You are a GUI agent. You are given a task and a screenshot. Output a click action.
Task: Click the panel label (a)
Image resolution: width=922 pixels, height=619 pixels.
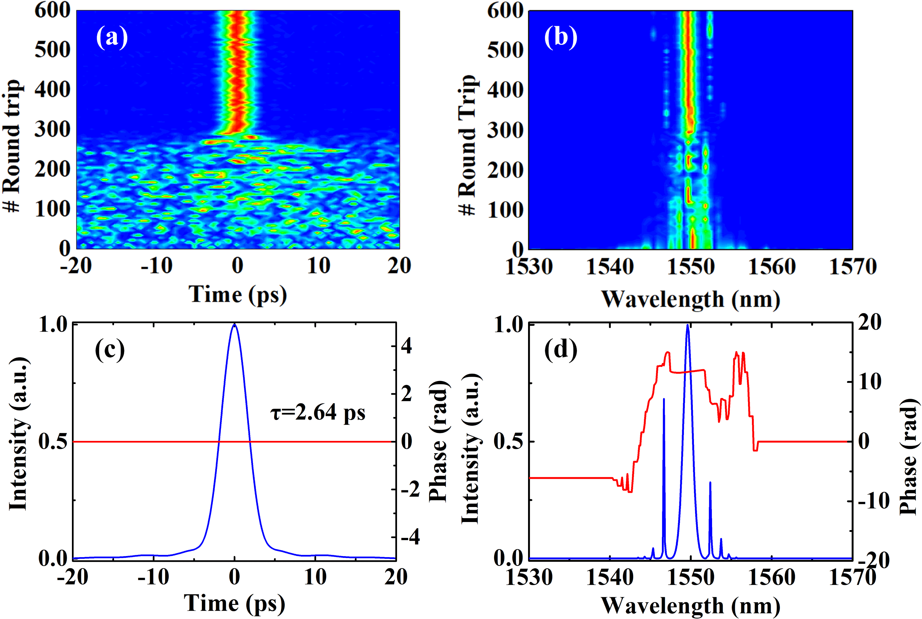(112, 38)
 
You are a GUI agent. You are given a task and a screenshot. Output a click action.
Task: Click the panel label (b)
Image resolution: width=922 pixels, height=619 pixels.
(560, 38)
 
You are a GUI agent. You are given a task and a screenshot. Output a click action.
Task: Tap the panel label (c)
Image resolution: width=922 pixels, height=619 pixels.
(110, 350)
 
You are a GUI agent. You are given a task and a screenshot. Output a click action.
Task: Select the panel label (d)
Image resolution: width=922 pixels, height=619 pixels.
(560, 350)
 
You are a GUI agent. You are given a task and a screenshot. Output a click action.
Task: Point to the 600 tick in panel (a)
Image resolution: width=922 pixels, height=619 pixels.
(52, 10)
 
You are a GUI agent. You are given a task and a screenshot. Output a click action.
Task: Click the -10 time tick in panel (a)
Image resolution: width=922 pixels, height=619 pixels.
(157, 265)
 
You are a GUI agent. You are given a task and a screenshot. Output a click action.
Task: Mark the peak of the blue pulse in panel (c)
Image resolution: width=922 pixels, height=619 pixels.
(234, 325)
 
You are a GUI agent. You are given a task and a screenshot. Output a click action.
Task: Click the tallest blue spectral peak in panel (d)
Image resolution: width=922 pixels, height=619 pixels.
(688, 326)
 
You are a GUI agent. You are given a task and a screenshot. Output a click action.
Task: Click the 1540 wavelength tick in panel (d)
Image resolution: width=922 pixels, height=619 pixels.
(610, 577)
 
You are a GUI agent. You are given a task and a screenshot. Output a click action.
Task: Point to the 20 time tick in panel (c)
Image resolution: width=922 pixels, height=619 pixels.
(396, 577)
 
